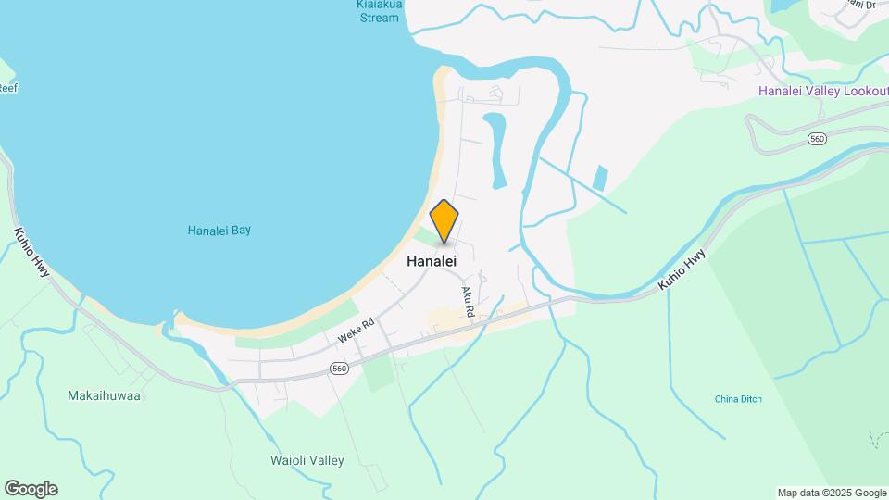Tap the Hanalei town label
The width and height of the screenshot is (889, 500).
[x=432, y=262]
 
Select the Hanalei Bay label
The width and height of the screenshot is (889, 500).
[x=219, y=231]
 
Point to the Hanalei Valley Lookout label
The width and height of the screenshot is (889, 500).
[x=822, y=91]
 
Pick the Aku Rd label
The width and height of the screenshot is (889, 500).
[x=468, y=303]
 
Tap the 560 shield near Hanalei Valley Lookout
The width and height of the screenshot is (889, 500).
[x=816, y=139]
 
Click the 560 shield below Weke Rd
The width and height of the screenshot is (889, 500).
[x=340, y=369]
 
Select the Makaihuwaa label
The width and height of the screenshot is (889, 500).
[x=104, y=395]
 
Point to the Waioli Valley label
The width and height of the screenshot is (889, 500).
[x=307, y=460]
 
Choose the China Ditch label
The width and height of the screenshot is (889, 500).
[x=738, y=399]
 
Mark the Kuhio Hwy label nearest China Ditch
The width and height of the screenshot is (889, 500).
[x=682, y=270]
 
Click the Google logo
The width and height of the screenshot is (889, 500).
[x=31, y=488]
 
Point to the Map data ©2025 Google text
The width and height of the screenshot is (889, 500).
[x=832, y=493]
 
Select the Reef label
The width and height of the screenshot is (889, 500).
[x=8, y=88]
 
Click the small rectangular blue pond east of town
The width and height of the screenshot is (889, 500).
[x=601, y=179]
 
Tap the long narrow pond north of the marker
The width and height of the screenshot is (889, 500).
[x=495, y=148]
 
